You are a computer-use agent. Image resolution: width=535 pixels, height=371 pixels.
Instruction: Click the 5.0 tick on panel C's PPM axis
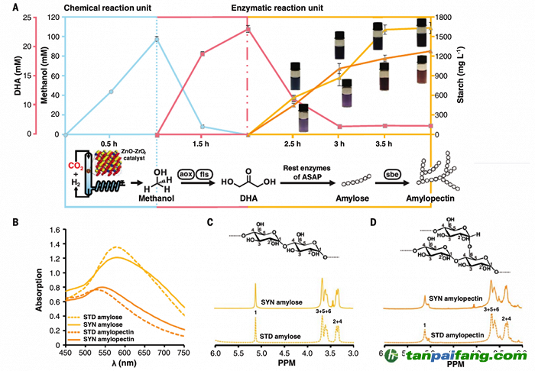[261, 355]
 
